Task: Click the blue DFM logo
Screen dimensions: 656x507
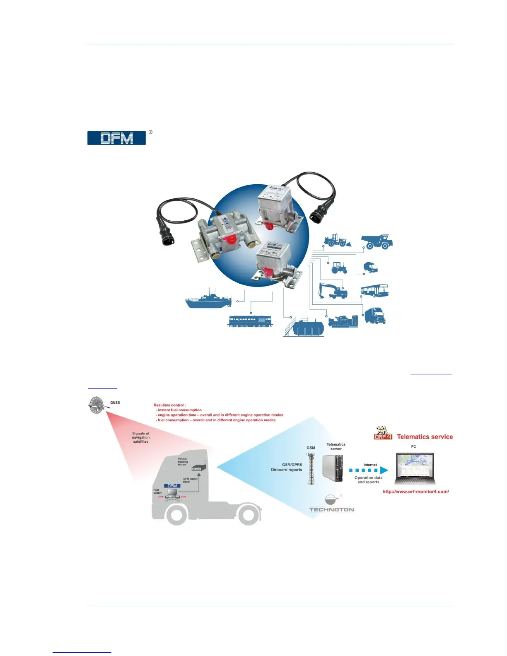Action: pyautogui.click(x=116, y=138)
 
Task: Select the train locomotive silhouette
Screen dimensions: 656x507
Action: pyautogui.click(x=250, y=321)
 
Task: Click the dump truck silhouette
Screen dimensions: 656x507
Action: pyautogui.click(x=377, y=241)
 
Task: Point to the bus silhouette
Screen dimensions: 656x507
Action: pyautogui.click(x=374, y=291)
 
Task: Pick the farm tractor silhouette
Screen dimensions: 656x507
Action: pyautogui.click(x=339, y=268)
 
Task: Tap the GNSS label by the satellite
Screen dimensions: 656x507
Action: pyautogui.click(x=115, y=403)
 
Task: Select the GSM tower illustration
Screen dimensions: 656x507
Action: pyautogui.click(x=311, y=468)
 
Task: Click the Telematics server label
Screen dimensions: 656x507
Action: pyautogui.click(x=336, y=446)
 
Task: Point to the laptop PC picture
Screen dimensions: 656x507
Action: pyautogui.click(x=415, y=468)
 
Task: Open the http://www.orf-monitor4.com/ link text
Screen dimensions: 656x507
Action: pyautogui.click(x=415, y=492)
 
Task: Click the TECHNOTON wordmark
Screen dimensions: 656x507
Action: pyautogui.click(x=331, y=510)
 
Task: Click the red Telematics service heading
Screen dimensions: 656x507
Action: pyautogui.click(x=425, y=437)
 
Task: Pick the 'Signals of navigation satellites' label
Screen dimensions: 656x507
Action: pyautogui.click(x=141, y=437)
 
